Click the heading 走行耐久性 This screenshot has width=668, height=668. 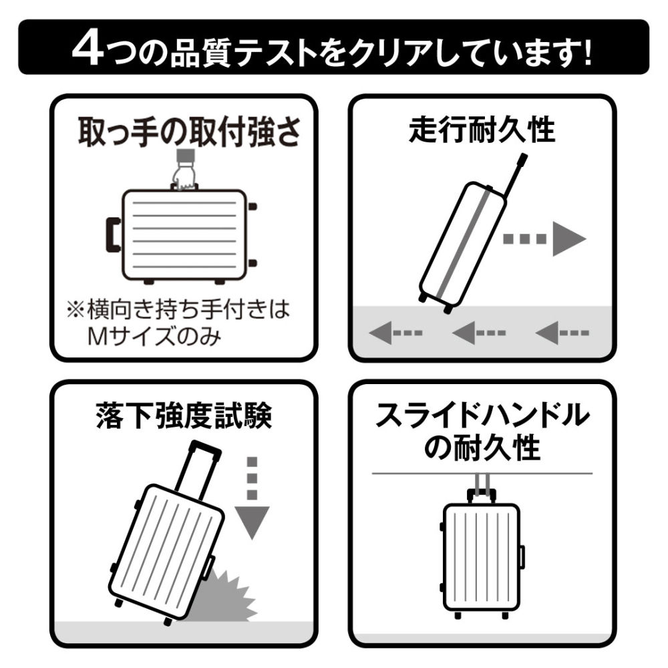(482, 128)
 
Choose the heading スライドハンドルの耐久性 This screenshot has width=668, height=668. (482, 432)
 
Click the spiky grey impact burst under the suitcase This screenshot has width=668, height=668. (226, 593)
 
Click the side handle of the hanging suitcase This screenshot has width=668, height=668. (522, 556)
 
